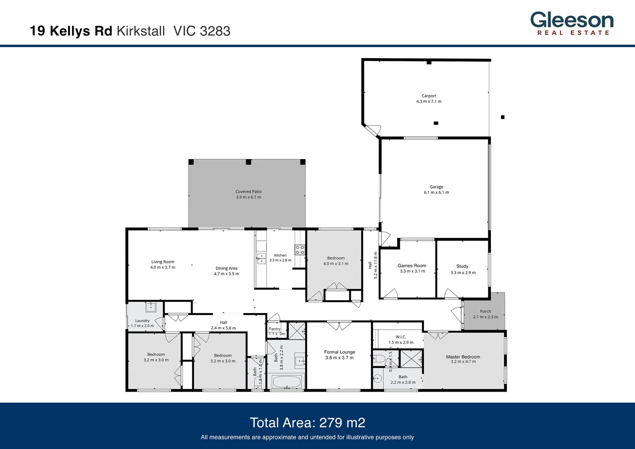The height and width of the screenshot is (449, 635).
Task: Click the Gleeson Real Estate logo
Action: pyautogui.click(x=572, y=24)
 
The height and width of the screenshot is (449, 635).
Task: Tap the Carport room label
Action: pyautogui.click(x=429, y=96)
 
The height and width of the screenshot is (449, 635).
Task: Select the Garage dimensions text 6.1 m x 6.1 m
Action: pyautogui.click(x=436, y=192)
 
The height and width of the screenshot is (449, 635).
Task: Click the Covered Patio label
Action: pyautogui.click(x=249, y=192)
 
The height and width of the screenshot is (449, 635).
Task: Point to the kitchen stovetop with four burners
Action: pyautogui.click(x=300, y=250)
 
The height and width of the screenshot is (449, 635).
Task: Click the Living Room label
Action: pyautogui.click(x=162, y=262)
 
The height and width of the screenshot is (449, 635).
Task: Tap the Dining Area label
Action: pyautogui.click(x=226, y=268)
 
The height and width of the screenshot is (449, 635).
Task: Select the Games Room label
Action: pyautogui.click(x=412, y=266)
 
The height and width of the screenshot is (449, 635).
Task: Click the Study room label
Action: pyautogui.click(x=462, y=266)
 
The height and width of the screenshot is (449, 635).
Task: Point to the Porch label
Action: pyautogui.click(x=485, y=311)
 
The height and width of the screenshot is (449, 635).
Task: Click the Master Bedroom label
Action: pyautogui.click(x=463, y=357)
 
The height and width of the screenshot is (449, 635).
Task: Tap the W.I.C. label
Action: pyautogui.click(x=401, y=337)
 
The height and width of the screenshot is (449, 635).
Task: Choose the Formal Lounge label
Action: pyautogui.click(x=340, y=352)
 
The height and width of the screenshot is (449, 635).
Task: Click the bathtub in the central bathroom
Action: pyautogui.click(x=286, y=382)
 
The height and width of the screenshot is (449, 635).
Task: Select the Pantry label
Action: pyautogui.click(x=274, y=329)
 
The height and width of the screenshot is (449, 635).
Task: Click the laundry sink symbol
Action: pyautogui.click(x=150, y=307)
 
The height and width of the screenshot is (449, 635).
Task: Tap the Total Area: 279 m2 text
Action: pyautogui.click(x=308, y=422)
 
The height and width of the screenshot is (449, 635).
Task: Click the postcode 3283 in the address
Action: pyautogui.click(x=215, y=31)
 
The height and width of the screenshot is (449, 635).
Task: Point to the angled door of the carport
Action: pyautogui.click(x=372, y=130)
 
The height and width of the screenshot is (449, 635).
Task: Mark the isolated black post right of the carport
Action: pyautogui.click(x=502, y=117)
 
